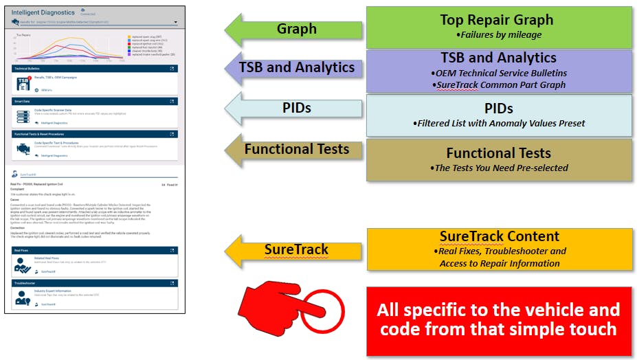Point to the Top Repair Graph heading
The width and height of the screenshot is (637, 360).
coord(497,19)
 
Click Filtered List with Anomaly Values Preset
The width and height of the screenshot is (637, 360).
coord(500,124)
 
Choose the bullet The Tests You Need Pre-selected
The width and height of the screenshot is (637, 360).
coord(500,168)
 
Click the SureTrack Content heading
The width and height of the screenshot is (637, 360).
coord(500,236)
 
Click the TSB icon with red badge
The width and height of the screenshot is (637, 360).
coord(25,82)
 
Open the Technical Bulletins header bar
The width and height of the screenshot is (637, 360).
coord(95,69)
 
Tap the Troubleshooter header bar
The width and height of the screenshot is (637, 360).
coord(95,282)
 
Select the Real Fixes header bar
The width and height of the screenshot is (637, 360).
coord(95,251)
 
